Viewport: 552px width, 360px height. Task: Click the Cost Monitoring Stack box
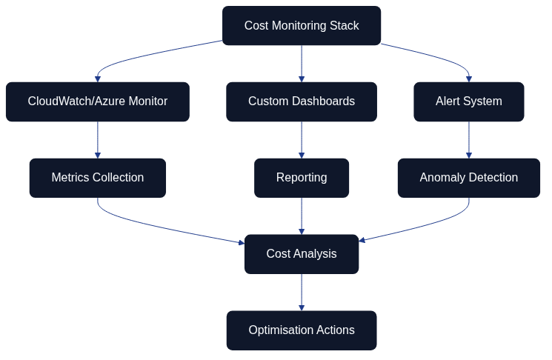coord(302,26)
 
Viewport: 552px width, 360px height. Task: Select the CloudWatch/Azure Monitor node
coord(97,101)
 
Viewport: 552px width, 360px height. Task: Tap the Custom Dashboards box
coord(302,101)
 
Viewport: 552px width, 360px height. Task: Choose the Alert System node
coord(468,101)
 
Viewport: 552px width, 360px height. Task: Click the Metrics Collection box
coord(97,178)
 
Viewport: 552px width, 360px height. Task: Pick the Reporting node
coord(302,178)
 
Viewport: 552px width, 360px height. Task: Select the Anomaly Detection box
coord(468,178)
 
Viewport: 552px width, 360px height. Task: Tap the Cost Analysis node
coord(302,254)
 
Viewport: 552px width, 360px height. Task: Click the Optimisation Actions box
coord(302,330)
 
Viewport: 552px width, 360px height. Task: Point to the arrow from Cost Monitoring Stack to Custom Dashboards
coord(302,64)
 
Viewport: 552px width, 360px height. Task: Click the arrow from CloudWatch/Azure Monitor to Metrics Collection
coord(97,140)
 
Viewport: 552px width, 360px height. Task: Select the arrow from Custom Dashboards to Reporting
coord(302,140)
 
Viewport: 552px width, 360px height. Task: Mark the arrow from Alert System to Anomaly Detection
coord(468,140)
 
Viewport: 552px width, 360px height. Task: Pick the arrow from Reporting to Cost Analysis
coord(302,216)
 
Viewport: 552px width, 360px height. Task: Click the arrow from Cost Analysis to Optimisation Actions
coord(302,293)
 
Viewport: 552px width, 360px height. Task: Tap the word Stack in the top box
coord(344,26)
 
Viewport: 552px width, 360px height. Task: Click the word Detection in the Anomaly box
coord(493,178)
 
